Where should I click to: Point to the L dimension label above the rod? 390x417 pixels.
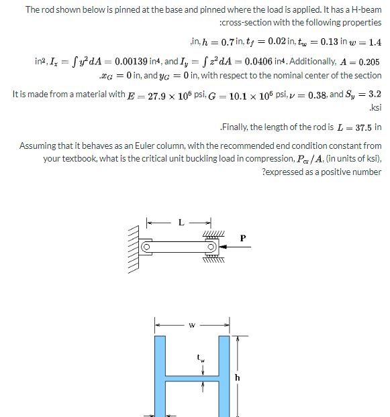coord(179,223)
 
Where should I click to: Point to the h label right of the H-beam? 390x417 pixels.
coord(236,377)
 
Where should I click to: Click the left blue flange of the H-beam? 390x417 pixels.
coord(160,375)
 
